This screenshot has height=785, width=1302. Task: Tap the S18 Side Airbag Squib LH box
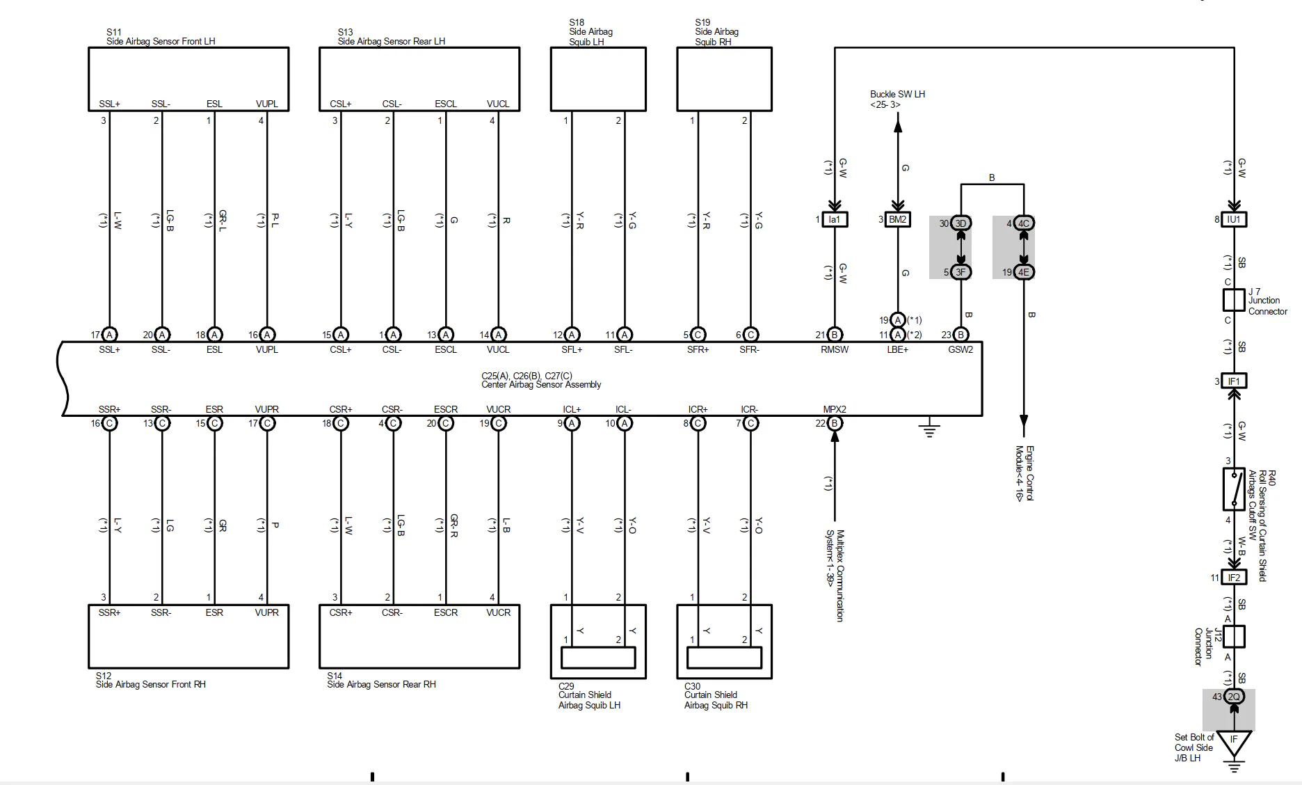(598, 79)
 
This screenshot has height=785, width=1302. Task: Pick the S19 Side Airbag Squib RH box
(724, 79)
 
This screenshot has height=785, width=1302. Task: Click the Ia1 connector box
(834, 219)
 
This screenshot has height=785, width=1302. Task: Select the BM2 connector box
(897, 219)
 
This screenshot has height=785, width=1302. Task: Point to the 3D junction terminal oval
(961, 223)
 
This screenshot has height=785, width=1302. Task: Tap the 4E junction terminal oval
(1024, 272)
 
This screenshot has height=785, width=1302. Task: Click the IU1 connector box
(1234, 219)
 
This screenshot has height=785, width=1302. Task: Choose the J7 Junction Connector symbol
(1234, 300)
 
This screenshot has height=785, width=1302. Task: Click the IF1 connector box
(1234, 381)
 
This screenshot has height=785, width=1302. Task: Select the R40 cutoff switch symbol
(1234, 489)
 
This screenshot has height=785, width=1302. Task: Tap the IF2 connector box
(1234, 578)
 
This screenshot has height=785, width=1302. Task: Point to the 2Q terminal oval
(1234, 697)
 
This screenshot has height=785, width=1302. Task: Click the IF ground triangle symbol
(1234, 741)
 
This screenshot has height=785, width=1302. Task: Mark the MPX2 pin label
(835, 409)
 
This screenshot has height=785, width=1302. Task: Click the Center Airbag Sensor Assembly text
(541, 384)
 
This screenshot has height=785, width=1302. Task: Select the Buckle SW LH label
(897, 94)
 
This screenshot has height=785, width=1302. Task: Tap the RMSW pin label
(835, 349)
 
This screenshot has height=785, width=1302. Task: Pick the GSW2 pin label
(961, 349)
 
